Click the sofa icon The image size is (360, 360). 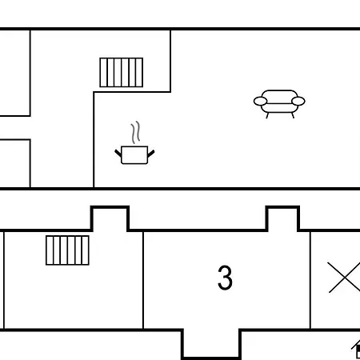pos(279,104)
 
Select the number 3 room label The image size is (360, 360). pos(225,278)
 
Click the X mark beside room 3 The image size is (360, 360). pos(345,278)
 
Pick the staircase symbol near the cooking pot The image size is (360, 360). pos(122,72)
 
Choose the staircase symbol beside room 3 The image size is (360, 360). pos(67,250)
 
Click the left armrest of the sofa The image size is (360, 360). pos(260,102)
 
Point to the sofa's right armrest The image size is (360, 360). pos(298,102)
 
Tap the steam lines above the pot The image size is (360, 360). pos(135,132)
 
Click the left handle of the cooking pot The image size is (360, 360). pos(118,153)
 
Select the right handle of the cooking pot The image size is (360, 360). pos(151,154)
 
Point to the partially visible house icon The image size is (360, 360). pos(356,349)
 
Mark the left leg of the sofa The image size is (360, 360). pos(267,115)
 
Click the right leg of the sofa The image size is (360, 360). pos(293,115)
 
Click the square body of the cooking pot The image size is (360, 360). pos(134,155)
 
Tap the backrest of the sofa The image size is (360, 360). pos(279,95)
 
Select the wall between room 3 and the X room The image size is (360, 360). pos(310,280)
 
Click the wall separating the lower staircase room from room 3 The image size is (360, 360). pos(143,280)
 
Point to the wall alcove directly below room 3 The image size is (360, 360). pos(211,345)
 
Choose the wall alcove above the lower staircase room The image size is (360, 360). pos(110,218)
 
